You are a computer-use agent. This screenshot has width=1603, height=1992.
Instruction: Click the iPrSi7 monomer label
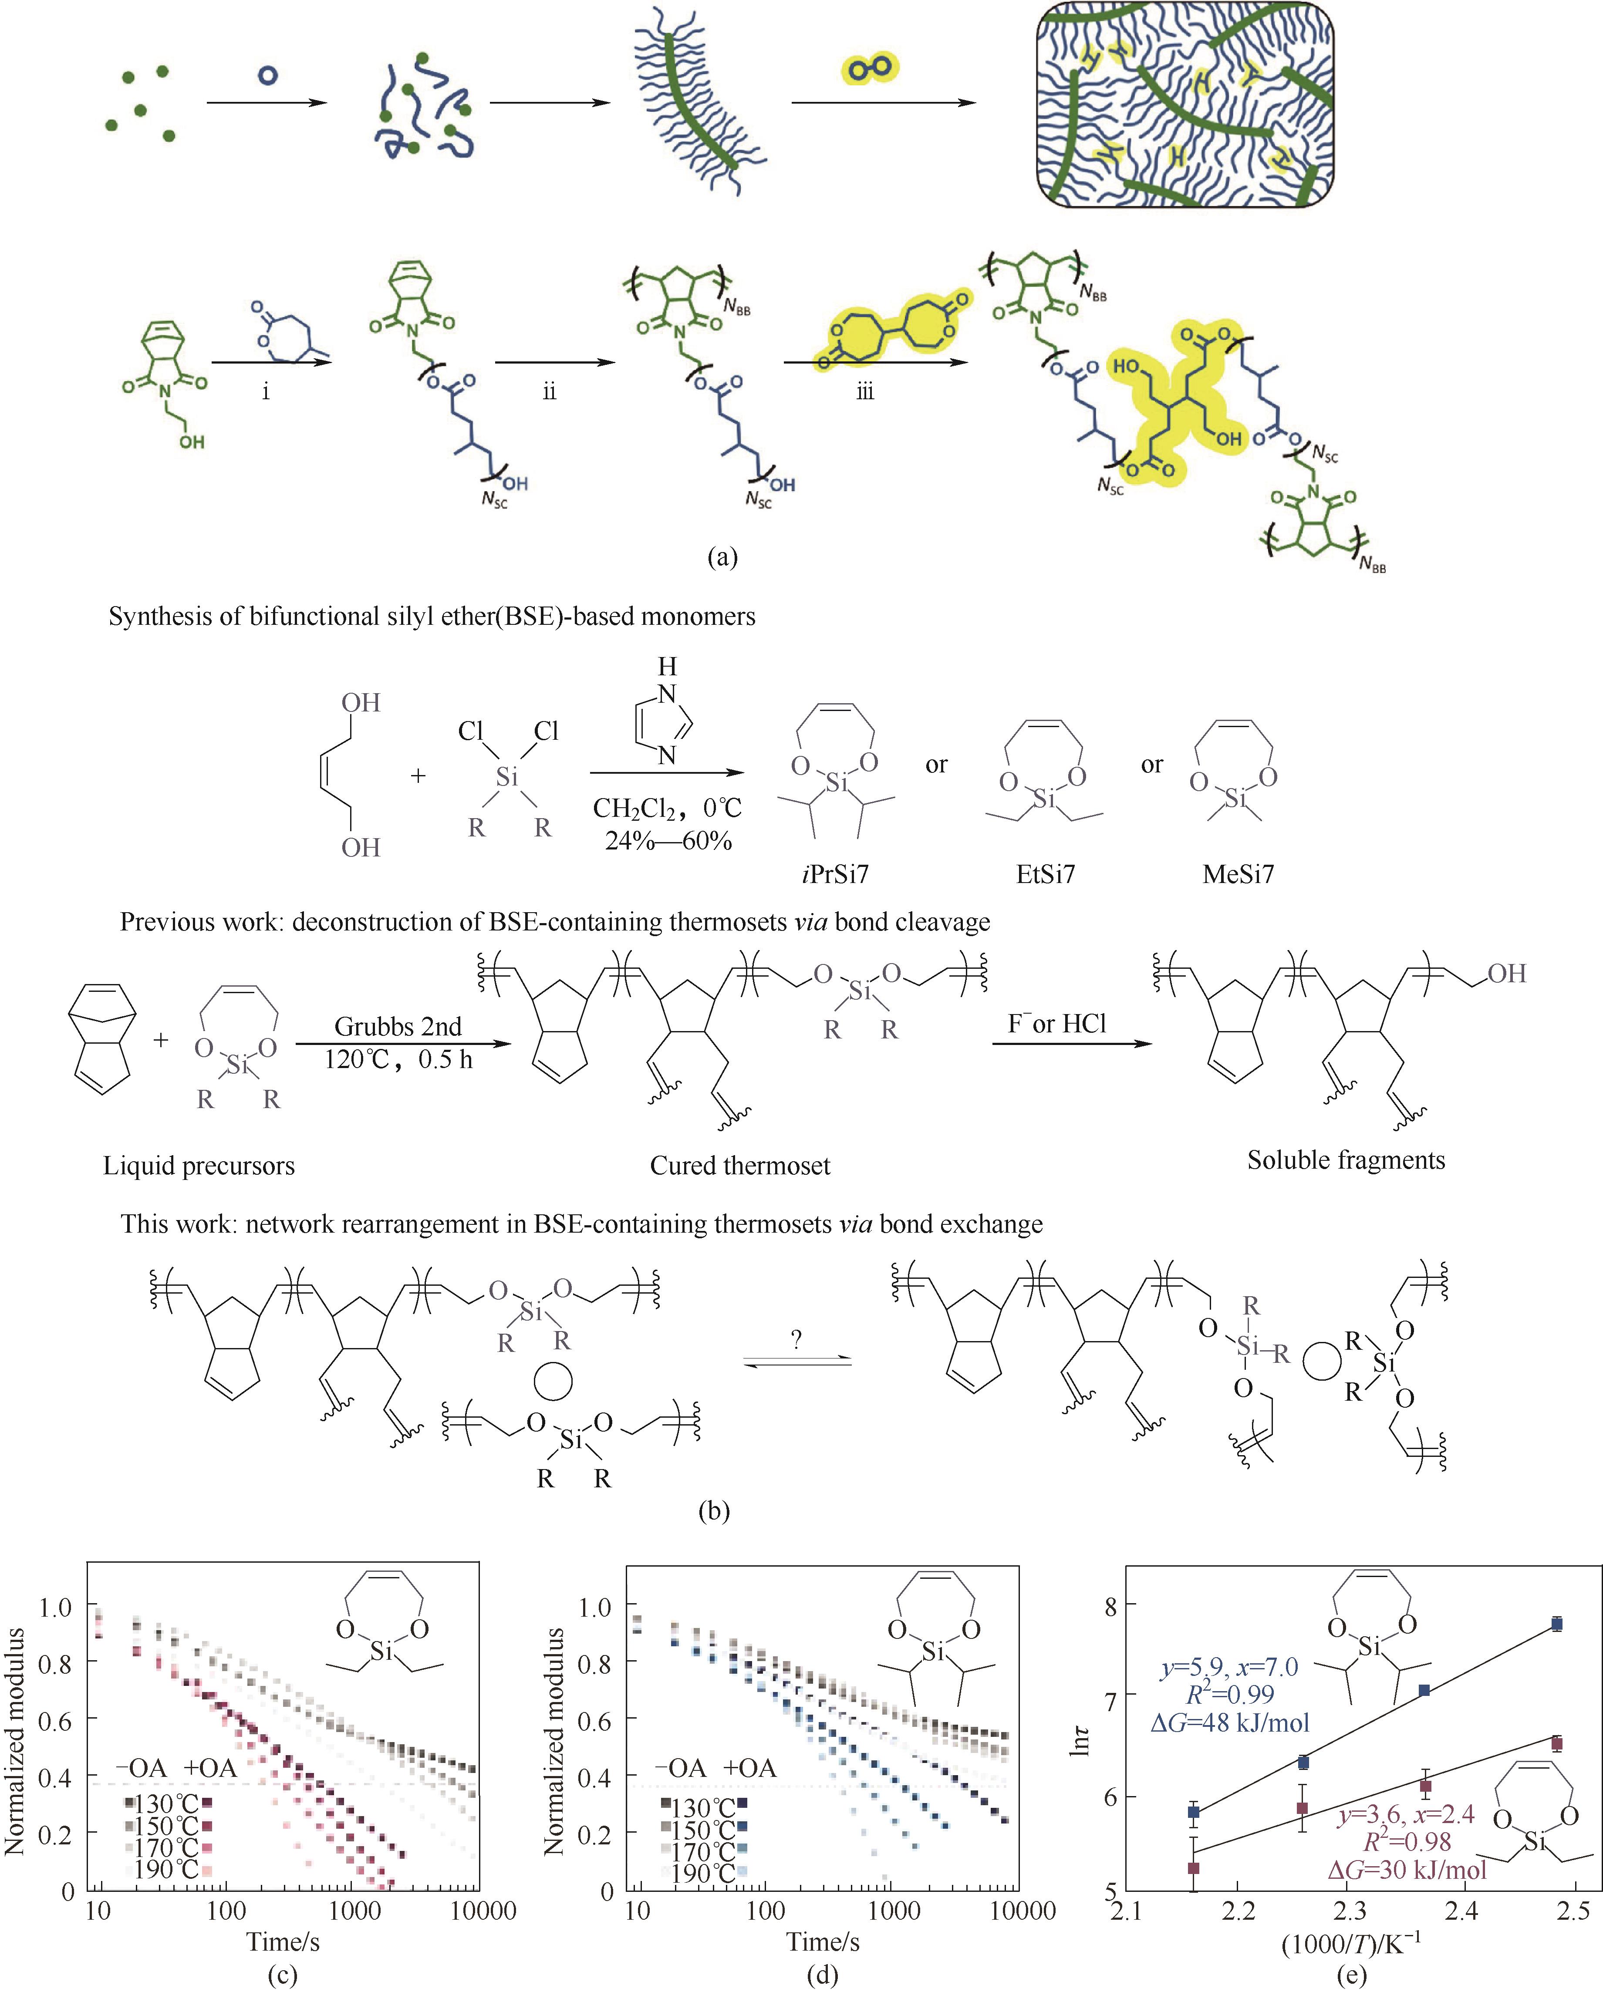click(835, 873)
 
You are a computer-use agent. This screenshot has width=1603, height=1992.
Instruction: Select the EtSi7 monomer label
click(1045, 873)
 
